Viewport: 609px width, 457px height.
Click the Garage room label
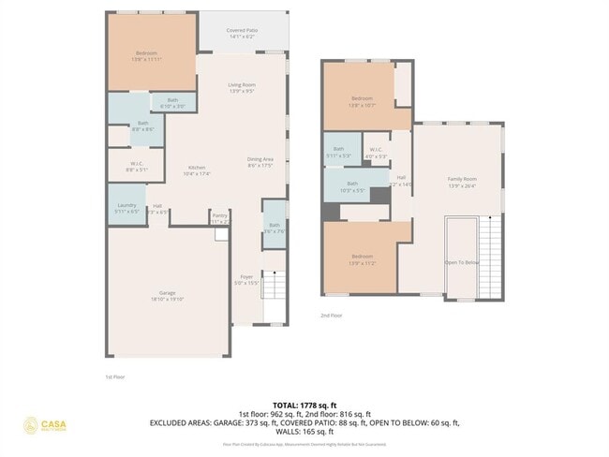click(x=168, y=295)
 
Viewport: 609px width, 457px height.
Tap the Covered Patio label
click(x=242, y=33)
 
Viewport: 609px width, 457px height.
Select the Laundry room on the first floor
click(x=127, y=207)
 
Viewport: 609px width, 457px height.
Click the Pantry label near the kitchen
click(x=219, y=217)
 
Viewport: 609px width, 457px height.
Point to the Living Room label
click(x=242, y=87)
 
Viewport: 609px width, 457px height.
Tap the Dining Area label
click(x=260, y=161)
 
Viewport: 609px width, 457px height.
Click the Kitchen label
click(x=197, y=170)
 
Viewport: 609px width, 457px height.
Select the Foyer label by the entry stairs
click(x=245, y=279)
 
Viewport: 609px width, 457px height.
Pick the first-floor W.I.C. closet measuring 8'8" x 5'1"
click(x=136, y=167)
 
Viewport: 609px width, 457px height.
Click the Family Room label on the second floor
click(x=461, y=181)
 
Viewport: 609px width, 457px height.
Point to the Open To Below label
click(x=461, y=263)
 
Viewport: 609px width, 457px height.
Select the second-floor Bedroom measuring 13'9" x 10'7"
click(x=362, y=100)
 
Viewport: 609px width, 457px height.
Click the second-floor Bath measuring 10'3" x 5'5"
click(x=352, y=185)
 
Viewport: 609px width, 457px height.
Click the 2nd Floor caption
click(x=332, y=316)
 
